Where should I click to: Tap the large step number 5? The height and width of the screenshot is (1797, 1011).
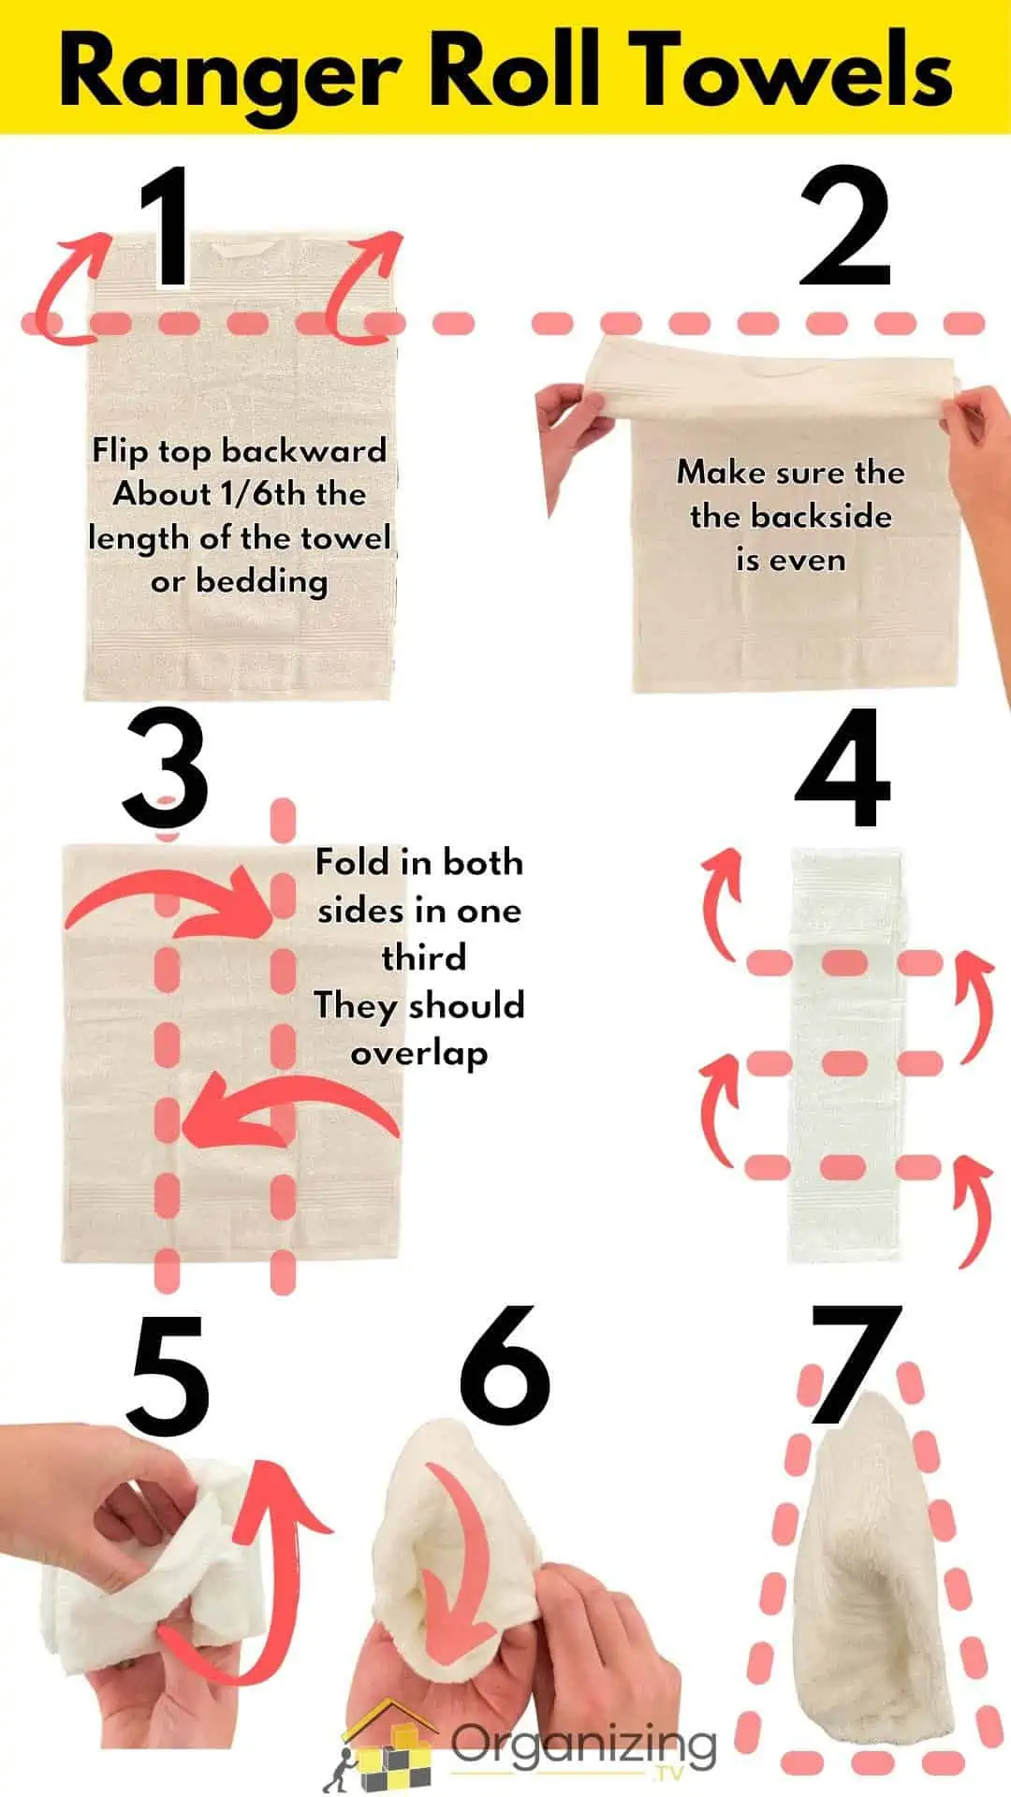click(x=168, y=1376)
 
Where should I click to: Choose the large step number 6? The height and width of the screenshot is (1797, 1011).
click(x=505, y=1366)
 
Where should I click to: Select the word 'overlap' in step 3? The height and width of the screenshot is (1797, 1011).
click(x=418, y=1055)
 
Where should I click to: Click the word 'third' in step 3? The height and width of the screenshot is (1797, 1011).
click(x=423, y=958)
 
